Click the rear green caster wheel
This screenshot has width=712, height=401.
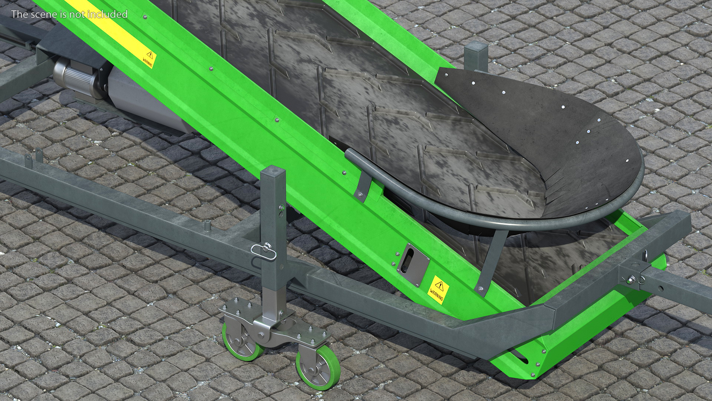point(241,342)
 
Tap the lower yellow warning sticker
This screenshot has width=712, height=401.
point(438,290)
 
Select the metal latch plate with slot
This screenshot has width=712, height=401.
point(413,264)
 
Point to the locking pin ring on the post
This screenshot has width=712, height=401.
point(263,252)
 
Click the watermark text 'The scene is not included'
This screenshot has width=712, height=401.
point(69,14)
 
